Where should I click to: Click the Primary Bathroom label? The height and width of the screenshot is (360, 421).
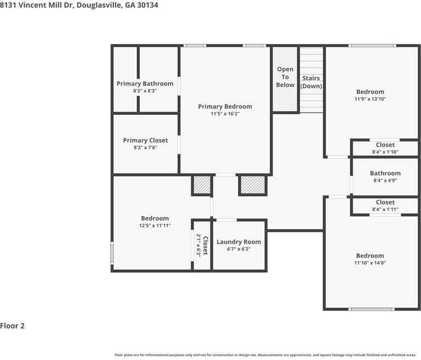pos(145,84)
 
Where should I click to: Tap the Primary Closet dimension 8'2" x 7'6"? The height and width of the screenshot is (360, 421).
pos(145,147)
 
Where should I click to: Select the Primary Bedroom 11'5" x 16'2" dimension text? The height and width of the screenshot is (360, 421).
pos(225,114)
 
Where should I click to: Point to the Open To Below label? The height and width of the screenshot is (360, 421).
pos(285,77)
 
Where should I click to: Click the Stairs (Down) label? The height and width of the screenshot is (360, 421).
pos(311,82)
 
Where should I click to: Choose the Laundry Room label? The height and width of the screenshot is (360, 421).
pos(239,242)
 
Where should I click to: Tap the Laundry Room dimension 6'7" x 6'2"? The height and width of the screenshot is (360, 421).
pos(239,249)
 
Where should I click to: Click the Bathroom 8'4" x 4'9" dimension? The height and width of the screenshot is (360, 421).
pos(385,180)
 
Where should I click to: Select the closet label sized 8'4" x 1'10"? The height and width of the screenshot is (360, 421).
pos(385,145)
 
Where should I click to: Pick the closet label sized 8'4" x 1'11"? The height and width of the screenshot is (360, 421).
pos(385,202)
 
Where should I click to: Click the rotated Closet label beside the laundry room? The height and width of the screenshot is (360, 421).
pos(206,245)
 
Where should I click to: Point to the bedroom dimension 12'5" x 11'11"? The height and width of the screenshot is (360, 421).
pos(154,225)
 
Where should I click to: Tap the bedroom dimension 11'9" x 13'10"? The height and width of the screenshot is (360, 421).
pos(370,99)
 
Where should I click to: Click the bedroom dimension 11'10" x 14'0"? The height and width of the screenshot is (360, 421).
pos(370,263)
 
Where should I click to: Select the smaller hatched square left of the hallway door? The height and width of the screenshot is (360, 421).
pos(202,185)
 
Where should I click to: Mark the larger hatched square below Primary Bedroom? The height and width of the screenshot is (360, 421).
pos(253,185)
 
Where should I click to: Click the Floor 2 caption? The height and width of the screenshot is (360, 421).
pos(12,326)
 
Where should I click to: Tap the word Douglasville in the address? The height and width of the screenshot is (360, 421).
pos(99,5)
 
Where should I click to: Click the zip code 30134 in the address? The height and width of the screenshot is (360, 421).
pos(147,5)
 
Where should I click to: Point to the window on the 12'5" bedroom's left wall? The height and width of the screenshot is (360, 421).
pos(112,253)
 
